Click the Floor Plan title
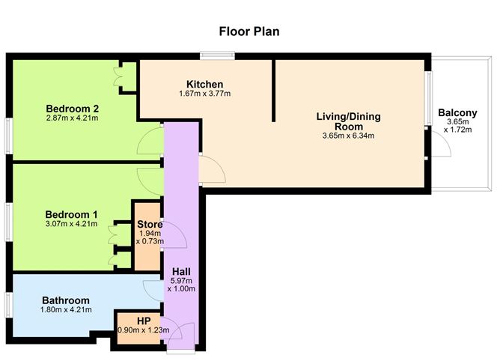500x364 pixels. (x=249, y=31)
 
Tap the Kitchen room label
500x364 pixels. (x=205, y=83)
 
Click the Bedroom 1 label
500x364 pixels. (x=72, y=212)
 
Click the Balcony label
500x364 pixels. (x=457, y=113)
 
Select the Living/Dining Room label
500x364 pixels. (x=348, y=121)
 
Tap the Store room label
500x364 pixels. (x=150, y=224)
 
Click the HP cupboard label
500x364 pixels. (x=144, y=320)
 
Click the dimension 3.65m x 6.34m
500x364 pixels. (x=348, y=136)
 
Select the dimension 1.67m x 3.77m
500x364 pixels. (x=205, y=94)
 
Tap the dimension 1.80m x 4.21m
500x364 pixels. (x=66, y=309)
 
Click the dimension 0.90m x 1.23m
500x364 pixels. (x=144, y=330)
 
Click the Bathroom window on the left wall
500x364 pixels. (x=8, y=305)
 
